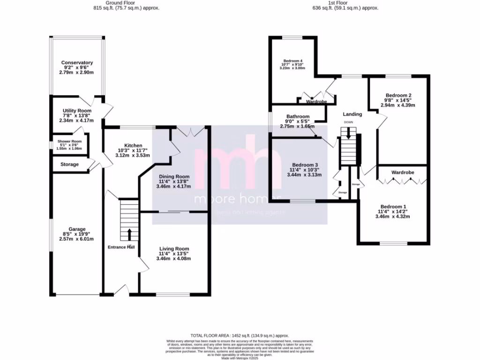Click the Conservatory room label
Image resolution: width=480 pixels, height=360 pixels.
(77, 62)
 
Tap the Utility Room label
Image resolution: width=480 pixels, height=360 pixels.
(77, 110)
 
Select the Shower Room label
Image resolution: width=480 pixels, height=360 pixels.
(69, 142)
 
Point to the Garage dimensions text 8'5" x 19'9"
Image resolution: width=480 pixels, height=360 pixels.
(77, 234)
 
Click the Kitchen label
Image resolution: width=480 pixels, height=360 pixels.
(127, 145)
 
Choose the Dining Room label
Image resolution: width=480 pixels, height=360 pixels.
(173, 176)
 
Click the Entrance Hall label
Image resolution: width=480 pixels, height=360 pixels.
(121, 247)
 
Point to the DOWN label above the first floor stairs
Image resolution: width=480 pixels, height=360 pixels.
(348, 122)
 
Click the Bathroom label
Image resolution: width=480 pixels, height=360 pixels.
(298, 117)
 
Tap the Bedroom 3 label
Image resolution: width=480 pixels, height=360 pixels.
(305, 165)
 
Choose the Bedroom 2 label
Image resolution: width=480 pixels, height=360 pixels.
(398, 95)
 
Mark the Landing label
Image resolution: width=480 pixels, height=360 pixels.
(352, 114)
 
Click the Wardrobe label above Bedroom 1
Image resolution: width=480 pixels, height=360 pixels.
(403, 172)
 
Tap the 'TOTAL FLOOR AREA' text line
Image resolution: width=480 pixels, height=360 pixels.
(240, 336)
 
